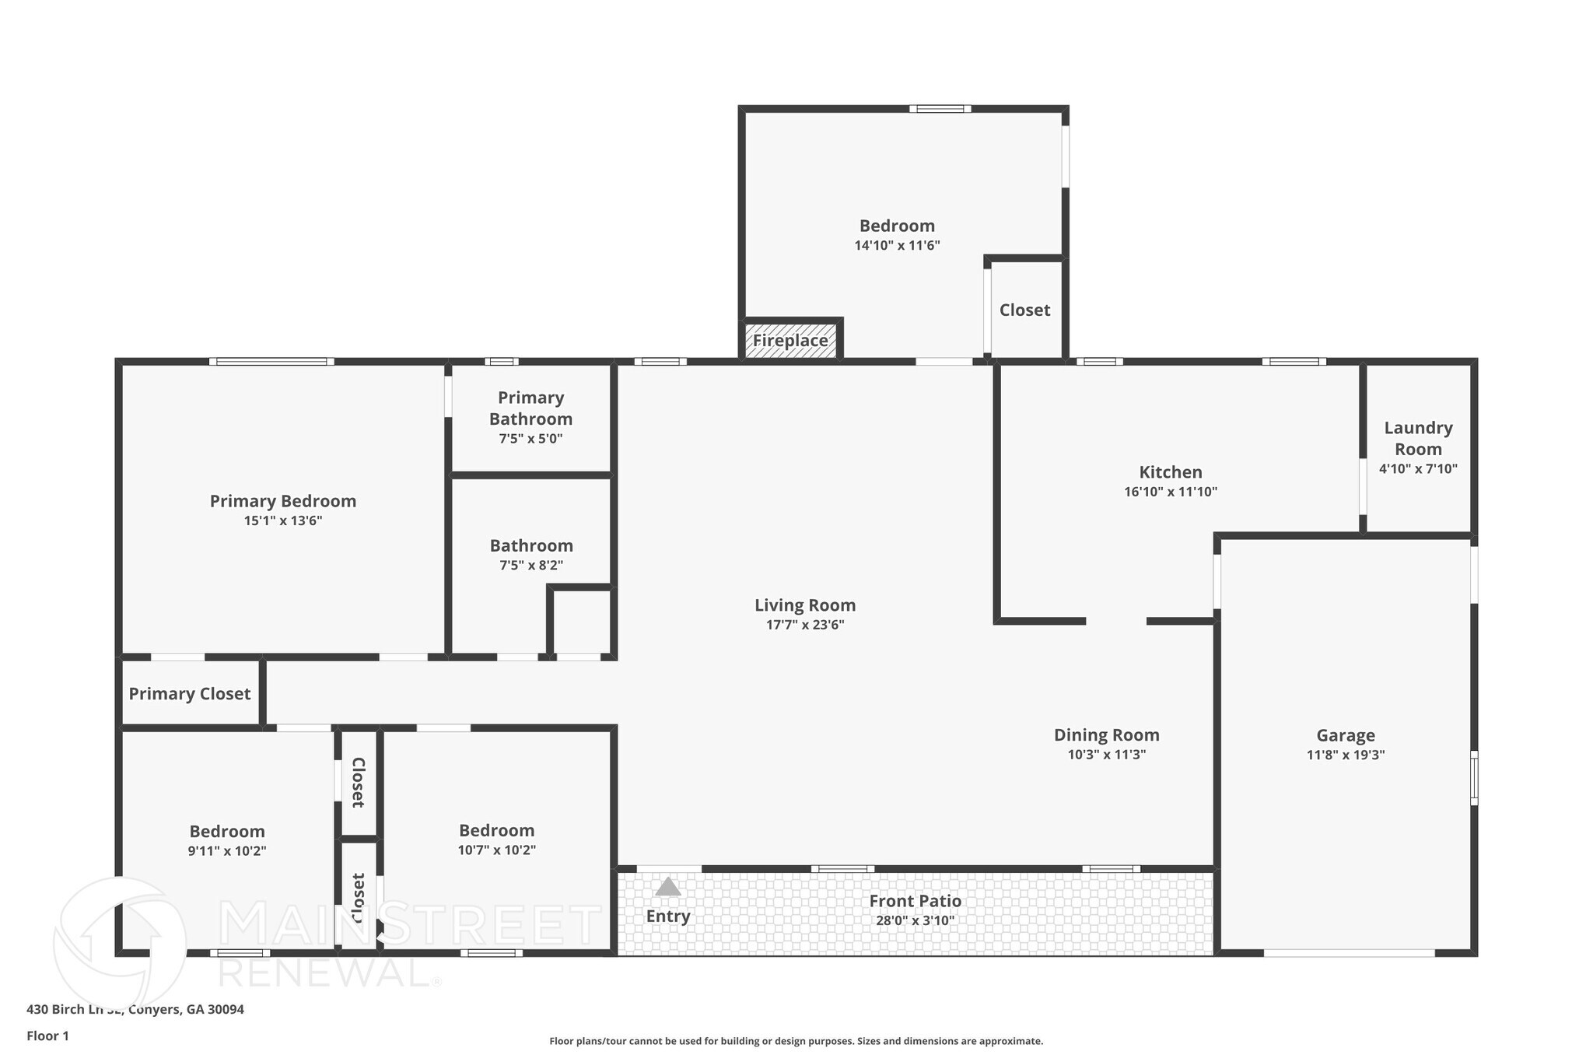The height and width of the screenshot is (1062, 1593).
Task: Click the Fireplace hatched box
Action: pos(790,341)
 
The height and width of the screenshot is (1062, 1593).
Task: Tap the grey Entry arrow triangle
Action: pos(667,887)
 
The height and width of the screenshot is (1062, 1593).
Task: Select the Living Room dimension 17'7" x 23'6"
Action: pos(804,625)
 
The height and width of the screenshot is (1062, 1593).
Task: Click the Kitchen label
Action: pos(1170,472)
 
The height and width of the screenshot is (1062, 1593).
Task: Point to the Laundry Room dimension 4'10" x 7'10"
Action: pos(1417,469)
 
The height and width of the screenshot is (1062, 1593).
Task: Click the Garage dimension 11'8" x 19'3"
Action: pos(1345,755)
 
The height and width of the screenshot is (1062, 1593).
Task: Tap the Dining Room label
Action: pos(1106,735)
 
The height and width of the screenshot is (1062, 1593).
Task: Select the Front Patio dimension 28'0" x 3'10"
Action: pos(915,921)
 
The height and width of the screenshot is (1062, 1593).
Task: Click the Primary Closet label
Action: pos(189,694)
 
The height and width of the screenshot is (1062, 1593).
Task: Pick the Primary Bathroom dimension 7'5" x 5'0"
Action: pos(530,439)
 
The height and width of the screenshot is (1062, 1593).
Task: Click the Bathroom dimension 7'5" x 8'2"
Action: pos(530,566)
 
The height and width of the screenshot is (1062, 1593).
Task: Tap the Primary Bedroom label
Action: pos(282,501)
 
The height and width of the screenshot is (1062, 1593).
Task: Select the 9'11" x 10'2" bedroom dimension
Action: pos(227,851)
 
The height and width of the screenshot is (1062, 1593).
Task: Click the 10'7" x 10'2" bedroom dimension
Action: pos(496,850)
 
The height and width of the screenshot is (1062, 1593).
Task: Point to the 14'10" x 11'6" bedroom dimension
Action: pos(897,246)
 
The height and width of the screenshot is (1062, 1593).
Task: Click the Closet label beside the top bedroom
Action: pos(1024,310)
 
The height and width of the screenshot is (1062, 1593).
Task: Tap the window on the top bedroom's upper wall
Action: pos(940,109)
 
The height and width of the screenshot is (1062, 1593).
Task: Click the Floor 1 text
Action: pos(47,1036)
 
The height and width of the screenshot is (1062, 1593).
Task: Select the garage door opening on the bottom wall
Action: pos(1349,952)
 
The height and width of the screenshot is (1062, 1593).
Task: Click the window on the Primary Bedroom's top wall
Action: pos(271,362)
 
